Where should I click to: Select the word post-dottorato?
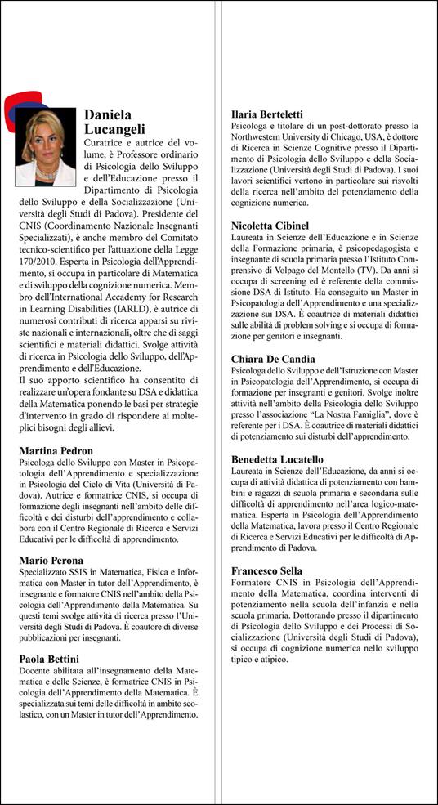(x=342, y=126)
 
